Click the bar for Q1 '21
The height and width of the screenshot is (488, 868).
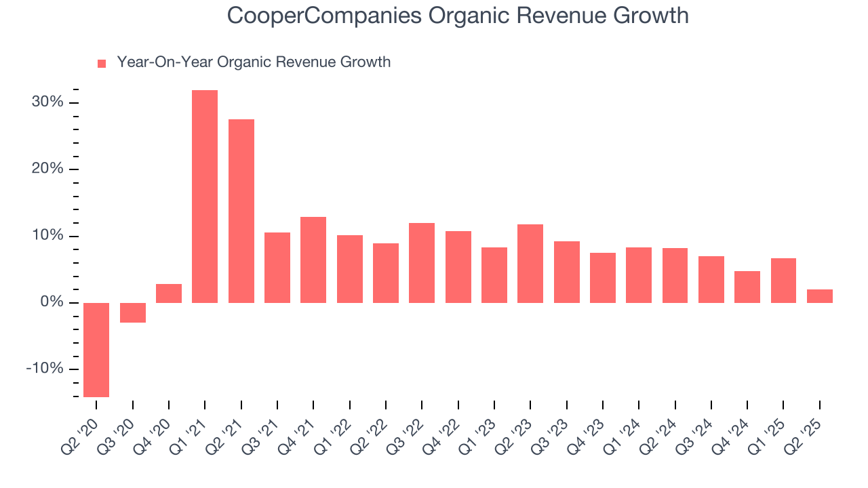pyautogui.click(x=205, y=197)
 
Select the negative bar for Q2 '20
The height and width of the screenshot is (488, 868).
pyautogui.click(x=96, y=350)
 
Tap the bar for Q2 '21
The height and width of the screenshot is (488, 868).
pyautogui.click(x=241, y=211)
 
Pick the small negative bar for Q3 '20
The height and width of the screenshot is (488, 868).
pyautogui.click(x=133, y=312)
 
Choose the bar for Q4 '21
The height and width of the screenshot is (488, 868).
pyautogui.click(x=313, y=260)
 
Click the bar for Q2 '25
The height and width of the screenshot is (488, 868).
pyautogui.click(x=819, y=296)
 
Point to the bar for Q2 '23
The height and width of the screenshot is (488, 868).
pyautogui.click(x=530, y=264)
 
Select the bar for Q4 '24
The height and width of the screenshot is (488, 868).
pyautogui.click(x=747, y=287)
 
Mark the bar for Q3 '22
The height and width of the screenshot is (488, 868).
pyautogui.click(x=422, y=263)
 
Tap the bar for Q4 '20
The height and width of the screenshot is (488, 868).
pyautogui.click(x=169, y=293)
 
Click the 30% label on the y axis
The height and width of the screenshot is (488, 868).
pyautogui.click(x=47, y=102)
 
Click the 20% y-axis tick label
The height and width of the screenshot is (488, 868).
pyautogui.click(x=47, y=169)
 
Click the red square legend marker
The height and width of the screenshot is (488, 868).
pyautogui.click(x=102, y=64)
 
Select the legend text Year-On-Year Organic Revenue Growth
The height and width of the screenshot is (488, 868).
pyautogui.click(x=254, y=62)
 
